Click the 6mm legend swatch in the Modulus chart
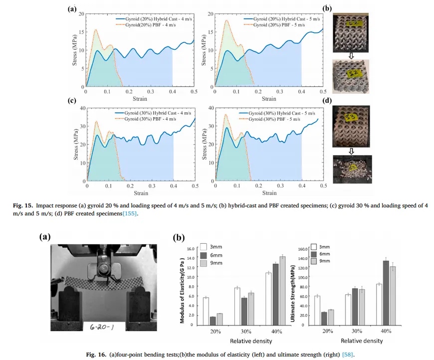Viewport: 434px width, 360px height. click(204, 255)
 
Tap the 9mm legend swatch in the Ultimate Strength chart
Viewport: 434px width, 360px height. click(314, 261)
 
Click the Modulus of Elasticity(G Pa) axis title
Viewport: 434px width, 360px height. click(183, 289)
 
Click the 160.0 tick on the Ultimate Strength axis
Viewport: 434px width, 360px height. click(301, 249)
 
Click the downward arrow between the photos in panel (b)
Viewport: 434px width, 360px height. click(351, 56)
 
